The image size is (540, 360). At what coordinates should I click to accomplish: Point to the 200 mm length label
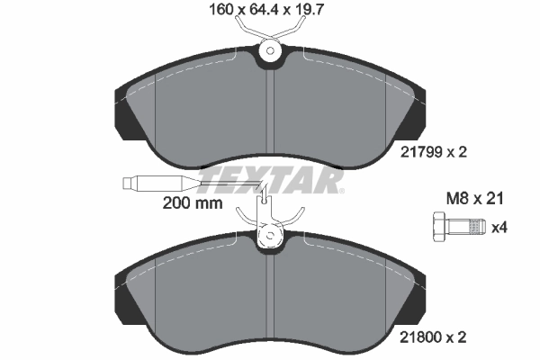click(192, 203)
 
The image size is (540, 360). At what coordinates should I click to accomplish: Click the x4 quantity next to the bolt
click(499, 228)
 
